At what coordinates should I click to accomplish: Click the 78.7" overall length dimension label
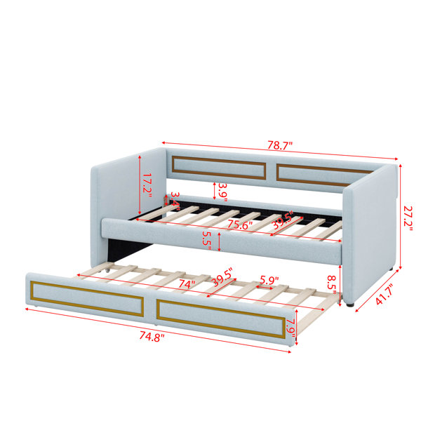pos(279,146)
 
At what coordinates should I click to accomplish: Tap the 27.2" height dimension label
pos(408,218)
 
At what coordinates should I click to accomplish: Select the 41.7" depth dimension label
pos(385,294)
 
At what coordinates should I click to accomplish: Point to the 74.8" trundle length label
pos(152,336)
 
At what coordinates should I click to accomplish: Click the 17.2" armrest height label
pos(147,185)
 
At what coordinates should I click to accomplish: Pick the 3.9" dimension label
pos(222,192)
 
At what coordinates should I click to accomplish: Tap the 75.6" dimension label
pos(240,225)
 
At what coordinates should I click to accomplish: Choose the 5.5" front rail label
pos(208,240)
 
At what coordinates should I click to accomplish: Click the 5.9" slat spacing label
pos(269,280)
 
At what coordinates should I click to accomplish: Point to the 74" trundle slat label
pos(187,283)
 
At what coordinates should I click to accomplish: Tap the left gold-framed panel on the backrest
pos(219,168)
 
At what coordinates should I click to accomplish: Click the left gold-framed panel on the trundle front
pos(87,299)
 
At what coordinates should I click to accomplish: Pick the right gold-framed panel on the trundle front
pos(221,319)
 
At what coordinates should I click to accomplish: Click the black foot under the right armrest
pos(349,305)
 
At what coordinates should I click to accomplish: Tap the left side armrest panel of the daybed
pos(128,207)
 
